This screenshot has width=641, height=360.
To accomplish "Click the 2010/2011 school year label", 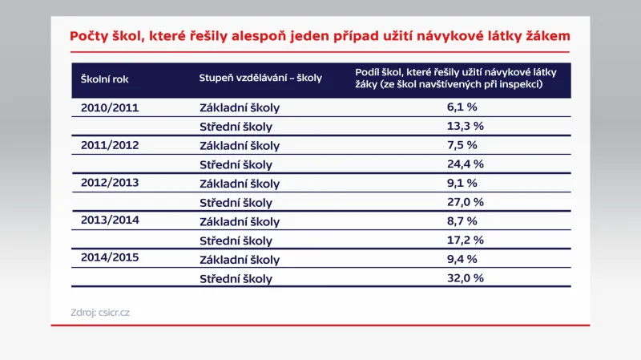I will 110,106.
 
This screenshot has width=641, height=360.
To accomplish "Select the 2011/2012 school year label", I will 110,144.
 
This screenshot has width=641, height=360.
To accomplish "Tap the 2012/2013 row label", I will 110,183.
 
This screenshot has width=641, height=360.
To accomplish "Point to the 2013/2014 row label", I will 110,221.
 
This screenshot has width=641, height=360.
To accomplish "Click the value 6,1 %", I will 462,106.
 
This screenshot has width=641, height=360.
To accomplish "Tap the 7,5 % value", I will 462,145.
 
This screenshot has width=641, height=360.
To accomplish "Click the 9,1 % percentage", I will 462,184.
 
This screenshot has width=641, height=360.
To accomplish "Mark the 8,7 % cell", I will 462,221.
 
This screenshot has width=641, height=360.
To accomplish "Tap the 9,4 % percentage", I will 462,260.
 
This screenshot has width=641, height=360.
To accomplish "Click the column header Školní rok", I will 106,79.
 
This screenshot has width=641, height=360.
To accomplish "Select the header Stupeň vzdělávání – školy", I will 260,79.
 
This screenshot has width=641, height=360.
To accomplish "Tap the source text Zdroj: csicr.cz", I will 100,313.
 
